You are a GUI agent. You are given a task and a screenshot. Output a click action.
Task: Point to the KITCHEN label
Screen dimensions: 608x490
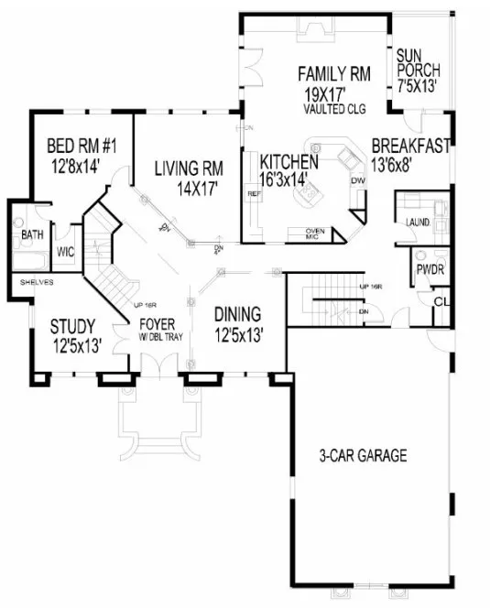coord(288,161)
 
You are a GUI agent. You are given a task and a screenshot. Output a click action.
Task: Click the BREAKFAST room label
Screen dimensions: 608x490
coord(409,145)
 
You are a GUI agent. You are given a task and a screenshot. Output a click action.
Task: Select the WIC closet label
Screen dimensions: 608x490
coord(65,251)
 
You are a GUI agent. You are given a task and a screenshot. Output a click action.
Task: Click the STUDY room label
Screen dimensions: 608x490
coord(74,325)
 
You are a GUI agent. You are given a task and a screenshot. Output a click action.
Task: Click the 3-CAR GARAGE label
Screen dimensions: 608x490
coord(363,455)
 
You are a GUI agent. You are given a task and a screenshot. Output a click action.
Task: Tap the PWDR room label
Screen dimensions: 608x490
coord(429,271)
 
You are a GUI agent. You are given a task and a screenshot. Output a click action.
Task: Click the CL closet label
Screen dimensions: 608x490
coord(441,300)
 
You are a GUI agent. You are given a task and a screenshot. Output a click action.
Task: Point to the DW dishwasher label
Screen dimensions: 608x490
coord(357,180)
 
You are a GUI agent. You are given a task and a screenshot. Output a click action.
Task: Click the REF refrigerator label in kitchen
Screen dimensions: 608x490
coord(255,194)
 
